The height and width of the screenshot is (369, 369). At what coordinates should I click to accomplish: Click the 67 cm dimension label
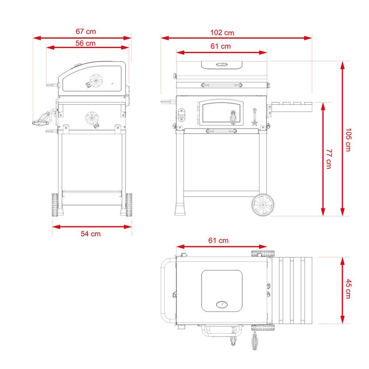coord(86,31)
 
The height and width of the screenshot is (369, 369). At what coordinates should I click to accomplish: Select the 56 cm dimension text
coord(86,43)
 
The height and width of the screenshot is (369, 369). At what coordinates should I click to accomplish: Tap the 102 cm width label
coord(222,33)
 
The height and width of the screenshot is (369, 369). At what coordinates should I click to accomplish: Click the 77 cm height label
coord(329,159)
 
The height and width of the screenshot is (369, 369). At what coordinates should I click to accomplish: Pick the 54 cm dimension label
coord(91,234)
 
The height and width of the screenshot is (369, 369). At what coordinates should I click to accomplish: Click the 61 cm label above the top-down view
coord(218,241)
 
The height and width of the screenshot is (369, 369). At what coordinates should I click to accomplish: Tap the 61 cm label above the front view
coord(221,46)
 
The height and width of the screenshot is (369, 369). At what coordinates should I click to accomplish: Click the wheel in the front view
coord(263,205)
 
